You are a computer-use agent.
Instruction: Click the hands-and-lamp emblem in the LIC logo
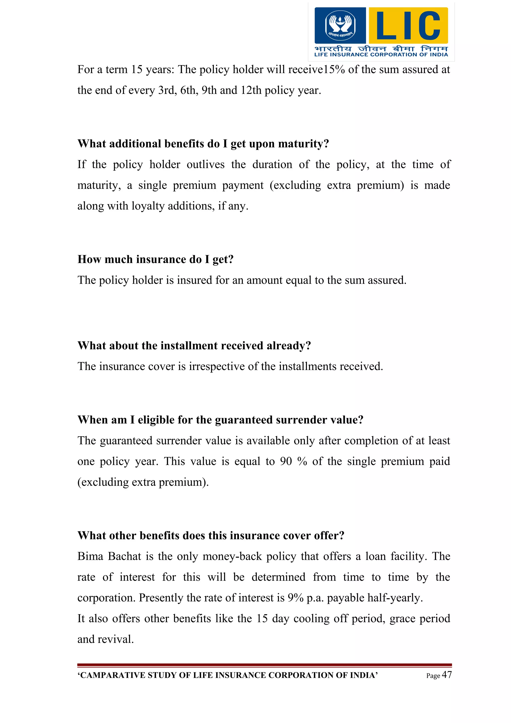click(x=340, y=25)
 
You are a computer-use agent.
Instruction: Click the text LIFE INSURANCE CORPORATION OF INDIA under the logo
click(x=381, y=54)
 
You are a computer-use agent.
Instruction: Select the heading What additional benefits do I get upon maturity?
click(x=203, y=144)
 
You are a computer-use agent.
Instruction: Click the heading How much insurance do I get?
click(x=155, y=259)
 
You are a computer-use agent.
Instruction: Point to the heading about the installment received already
click(x=194, y=346)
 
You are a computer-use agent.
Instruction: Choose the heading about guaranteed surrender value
click(x=220, y=420)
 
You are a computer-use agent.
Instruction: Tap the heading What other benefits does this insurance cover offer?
click(x=211, y=535)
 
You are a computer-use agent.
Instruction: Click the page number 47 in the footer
click(x=447, y=675)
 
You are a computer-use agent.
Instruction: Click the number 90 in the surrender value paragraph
click(x=286, y=461)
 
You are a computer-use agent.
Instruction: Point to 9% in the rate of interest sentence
click(x=295, y=598)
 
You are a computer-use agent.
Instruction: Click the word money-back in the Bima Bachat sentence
click(x=232, y=556)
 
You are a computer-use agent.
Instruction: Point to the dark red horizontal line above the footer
click(x=264, y=665)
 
